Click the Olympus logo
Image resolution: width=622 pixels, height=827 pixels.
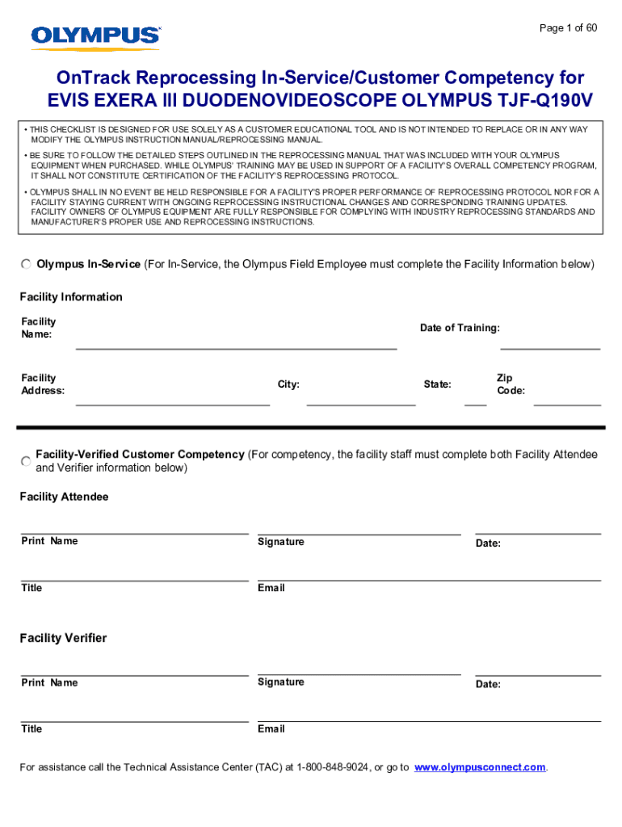pyautogui.click(x=95, y=36)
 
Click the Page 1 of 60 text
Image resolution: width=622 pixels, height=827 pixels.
pyautogui.click(x=568, y=28)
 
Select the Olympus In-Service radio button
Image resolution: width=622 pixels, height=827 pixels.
pyautogui.click(x=27, y=264)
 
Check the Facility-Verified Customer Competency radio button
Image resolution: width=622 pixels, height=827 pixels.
pyautogui.click(x=27, y=460)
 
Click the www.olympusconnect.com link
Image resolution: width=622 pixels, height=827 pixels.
pyautogui.click(x=480, y=767)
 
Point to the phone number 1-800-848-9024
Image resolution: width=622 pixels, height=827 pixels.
pyautogui.click(x=334, y=767)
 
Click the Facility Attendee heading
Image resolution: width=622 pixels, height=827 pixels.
pyautogui.click(x=64, y=497)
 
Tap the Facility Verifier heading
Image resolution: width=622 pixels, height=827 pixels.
pyautogui.click(x=63, y=638)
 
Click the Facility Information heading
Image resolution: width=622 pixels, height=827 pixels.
pyautogui.click(x=71, y=297)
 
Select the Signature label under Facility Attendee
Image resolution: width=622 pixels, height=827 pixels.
pyautogui.click(x=281, y=542)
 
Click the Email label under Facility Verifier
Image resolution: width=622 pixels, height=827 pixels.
pyautogui.click(x=271, y=729)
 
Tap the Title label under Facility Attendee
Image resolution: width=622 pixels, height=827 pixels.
pyautogui.click(x=32, y=588)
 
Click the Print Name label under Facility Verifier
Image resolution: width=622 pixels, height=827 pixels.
pyautogui.click(x=49, y=683)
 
